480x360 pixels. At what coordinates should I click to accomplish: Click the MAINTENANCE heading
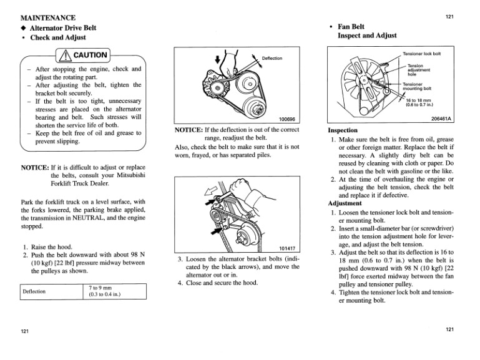[48, 17]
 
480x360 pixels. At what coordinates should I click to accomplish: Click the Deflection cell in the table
[36, 291]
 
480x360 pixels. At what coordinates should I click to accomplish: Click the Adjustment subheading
[346, 203]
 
